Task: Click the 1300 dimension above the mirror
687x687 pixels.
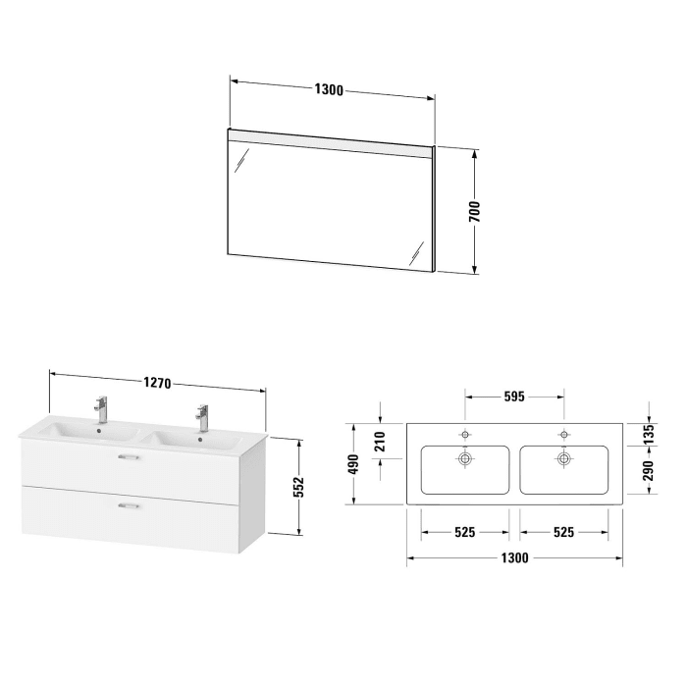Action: (x=329, y=90)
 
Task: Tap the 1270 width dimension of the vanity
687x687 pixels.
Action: (x=157, y=384)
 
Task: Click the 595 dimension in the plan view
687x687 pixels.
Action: (x=514, y=397)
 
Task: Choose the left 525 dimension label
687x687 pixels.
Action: (x=465, y=532)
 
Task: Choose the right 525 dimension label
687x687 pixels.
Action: (x=564, y=532)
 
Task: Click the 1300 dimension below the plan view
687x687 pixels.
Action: (x=514, y=557)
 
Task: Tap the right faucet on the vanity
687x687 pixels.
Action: (x=202, y=416)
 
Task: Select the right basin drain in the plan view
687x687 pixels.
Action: (x=564, y=456)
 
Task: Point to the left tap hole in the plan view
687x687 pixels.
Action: (x=465, y=433)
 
